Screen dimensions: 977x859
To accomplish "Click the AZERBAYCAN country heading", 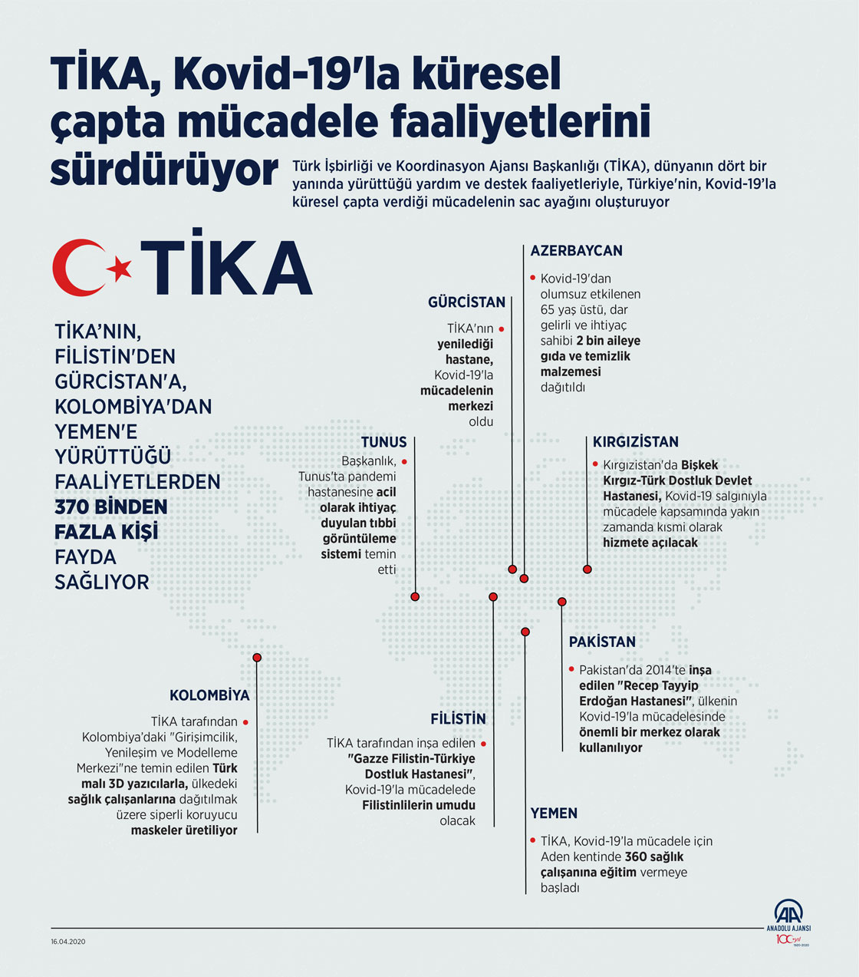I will tap(576, 250).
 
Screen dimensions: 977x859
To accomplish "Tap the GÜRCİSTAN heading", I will tap(466, 302).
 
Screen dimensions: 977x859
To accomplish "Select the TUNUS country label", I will tap(383, 442).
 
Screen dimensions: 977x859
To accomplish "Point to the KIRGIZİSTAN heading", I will tap(635, 442).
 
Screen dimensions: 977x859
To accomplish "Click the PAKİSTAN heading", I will tap(602, 642).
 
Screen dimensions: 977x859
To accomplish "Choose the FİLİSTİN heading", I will tap(458, 719).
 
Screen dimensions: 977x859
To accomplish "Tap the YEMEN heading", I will tap(554, 814).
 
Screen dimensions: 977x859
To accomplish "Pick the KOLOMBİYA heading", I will tap(209, 696).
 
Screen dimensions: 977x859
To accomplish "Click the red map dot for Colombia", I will tap(257, 658).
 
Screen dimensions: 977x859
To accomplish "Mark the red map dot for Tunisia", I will tap(415, 596).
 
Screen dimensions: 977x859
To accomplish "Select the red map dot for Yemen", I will tap(525, 632).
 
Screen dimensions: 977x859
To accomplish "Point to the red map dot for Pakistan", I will tap(562, 602).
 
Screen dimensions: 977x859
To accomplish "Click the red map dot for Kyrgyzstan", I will tap(587, 569).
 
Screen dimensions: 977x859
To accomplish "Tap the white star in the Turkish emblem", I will tap(120, 268).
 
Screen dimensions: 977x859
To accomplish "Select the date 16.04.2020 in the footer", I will tap(68, 942).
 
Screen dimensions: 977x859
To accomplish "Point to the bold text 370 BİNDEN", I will tap(110, 507).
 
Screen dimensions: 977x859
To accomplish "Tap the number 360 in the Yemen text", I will tap(636, 857).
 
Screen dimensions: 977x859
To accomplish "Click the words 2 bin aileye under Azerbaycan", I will tap(608, 341).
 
